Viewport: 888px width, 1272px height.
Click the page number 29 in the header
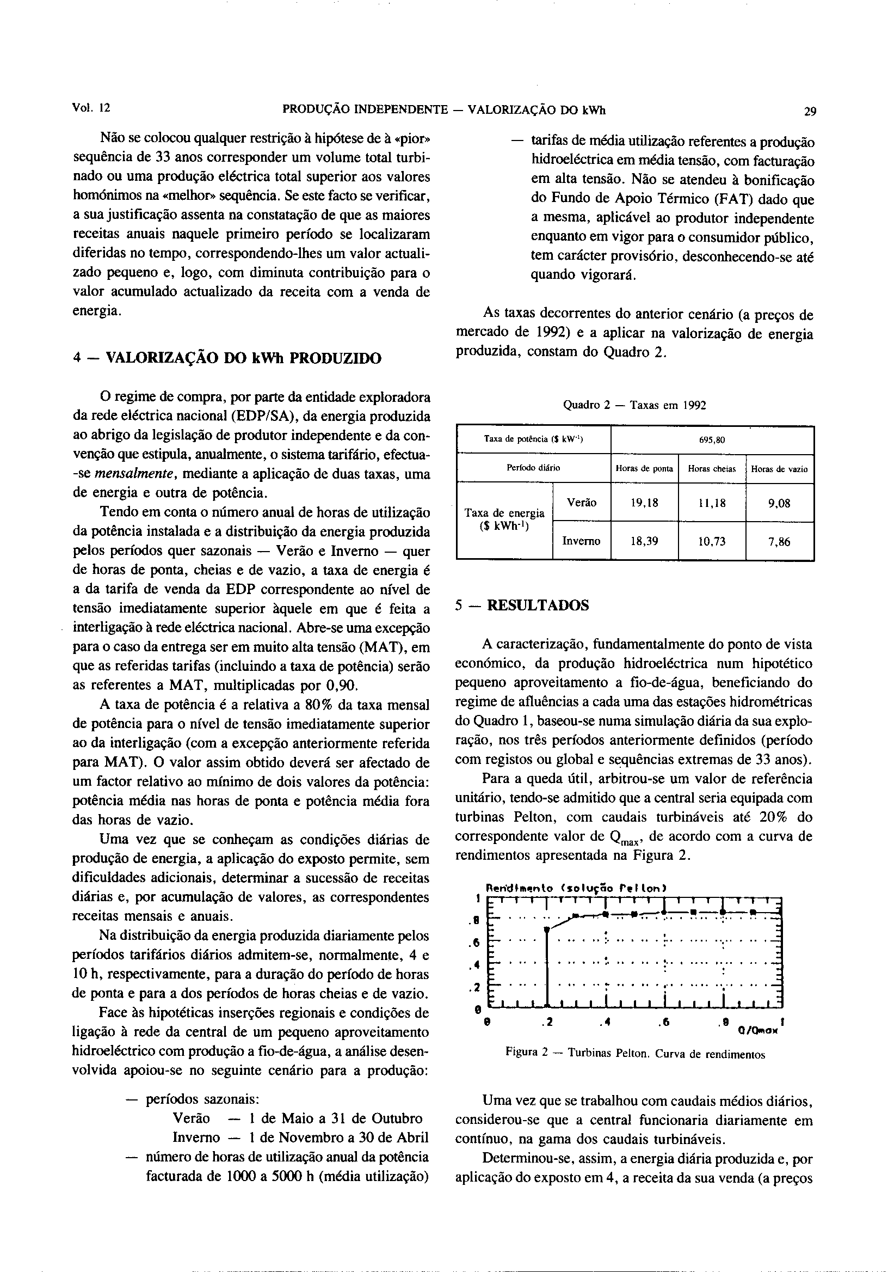pyautogui.click(x=810, y=111)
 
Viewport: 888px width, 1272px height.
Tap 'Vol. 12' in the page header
pyautogui.click(x=91, y=108)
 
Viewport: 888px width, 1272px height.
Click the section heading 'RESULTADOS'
pyautogui.click(x=538, y=605)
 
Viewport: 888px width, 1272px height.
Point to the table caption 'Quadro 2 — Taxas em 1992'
pyautogui.click(x=634, y=405)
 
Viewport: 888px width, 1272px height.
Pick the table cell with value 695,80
pyautogui.click(x=712, y=441)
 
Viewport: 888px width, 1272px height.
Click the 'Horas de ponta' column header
pyautogui.click(x=644, y=469)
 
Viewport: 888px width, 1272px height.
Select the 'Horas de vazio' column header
pyautogui.click(x=780, y=469)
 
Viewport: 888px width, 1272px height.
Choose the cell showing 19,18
pyautogui.click(x=644, y=503)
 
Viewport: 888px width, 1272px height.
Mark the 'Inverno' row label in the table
pyautogui.click(x=581, y=541)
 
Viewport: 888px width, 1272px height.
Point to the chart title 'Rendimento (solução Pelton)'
pyautogui.click(x=576, y=888)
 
